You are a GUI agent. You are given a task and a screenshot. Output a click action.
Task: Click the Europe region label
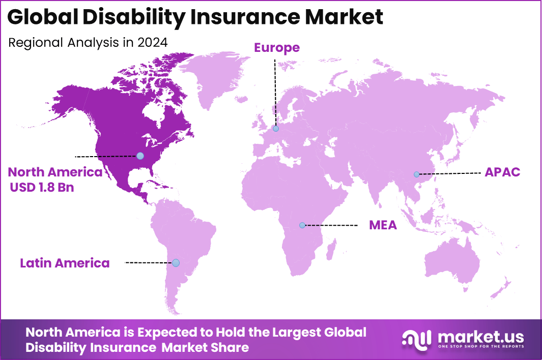pyautogui.click(x=277, y=48)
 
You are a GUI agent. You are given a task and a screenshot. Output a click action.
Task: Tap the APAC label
pyautogui.click(x=502, y=172)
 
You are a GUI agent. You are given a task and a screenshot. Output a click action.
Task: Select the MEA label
pyautogui.click(x=383, y=225)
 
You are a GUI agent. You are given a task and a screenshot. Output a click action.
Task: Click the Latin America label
pyautogui.click(x=65, y=263)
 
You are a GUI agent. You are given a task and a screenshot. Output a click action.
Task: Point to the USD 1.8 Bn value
pyautogui.click(x=42, y=187)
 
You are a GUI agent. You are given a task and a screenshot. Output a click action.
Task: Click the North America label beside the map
pyautogui.click(x=55, y=172)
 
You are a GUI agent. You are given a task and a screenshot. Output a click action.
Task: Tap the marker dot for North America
pyautogui.click(x=140, y=156)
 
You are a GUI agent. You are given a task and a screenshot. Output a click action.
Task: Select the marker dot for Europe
pyautogui.click(x=275, y=129)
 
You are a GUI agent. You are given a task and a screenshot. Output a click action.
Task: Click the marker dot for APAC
pyautogui.click(x=416, y=174)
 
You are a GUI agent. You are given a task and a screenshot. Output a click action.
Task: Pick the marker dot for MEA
pyautogui.click(x=302, y=225)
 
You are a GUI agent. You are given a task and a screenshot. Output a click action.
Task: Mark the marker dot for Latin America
pyautogui.click(x=176, y=263)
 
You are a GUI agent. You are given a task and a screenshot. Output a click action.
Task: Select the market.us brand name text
pyautogui.click(x=480, y=336)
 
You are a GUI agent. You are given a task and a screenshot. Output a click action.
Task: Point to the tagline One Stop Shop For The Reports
pyautogui.click(x=480, y=347)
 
